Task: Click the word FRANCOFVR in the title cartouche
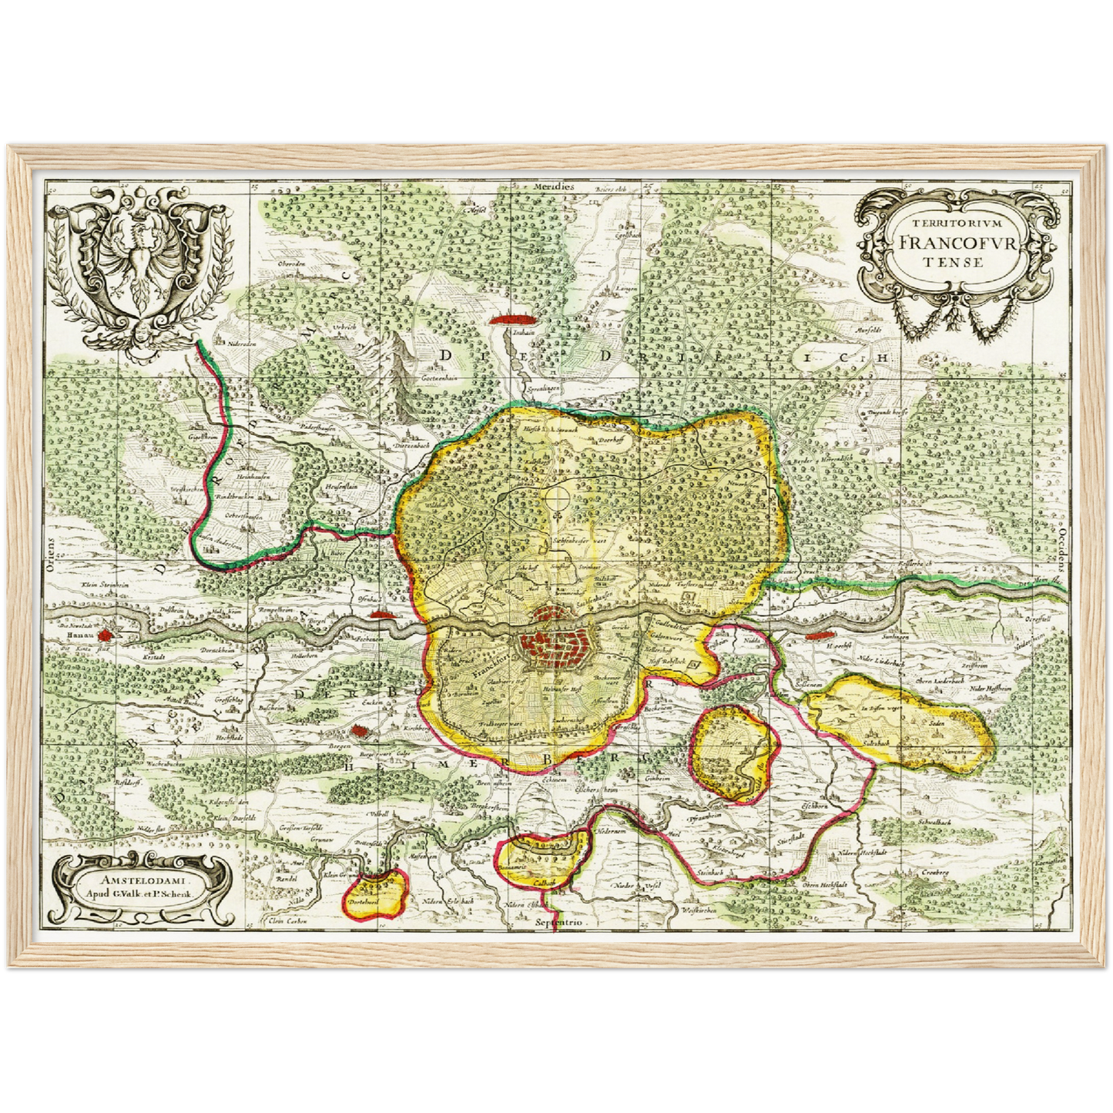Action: pyautogui.click(x=954, y=241)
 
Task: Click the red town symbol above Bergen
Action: pyautogui.click(x=360, y=731)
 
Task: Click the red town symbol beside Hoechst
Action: pyautogui.click(x=819, y=636)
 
